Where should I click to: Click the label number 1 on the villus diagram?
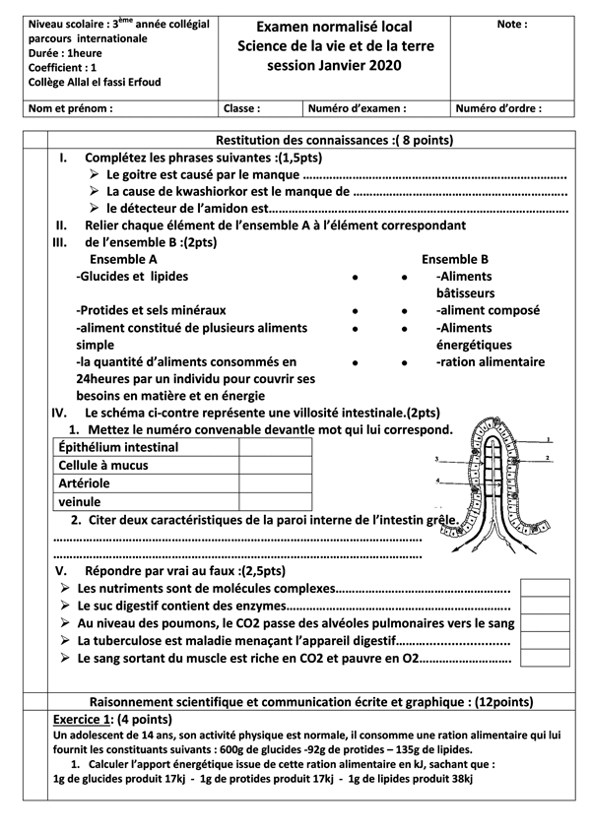[548, 439]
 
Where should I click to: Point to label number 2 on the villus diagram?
[547, 458]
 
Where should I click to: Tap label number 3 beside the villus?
[435, 460]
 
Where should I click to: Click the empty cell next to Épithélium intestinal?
[275, 447]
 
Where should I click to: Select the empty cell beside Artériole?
[275, 483]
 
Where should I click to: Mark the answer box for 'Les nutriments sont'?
[545, 589]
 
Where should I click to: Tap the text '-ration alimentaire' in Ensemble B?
[490, 362]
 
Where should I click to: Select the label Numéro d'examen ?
[357, 109]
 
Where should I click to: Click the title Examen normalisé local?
[334, 27]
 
